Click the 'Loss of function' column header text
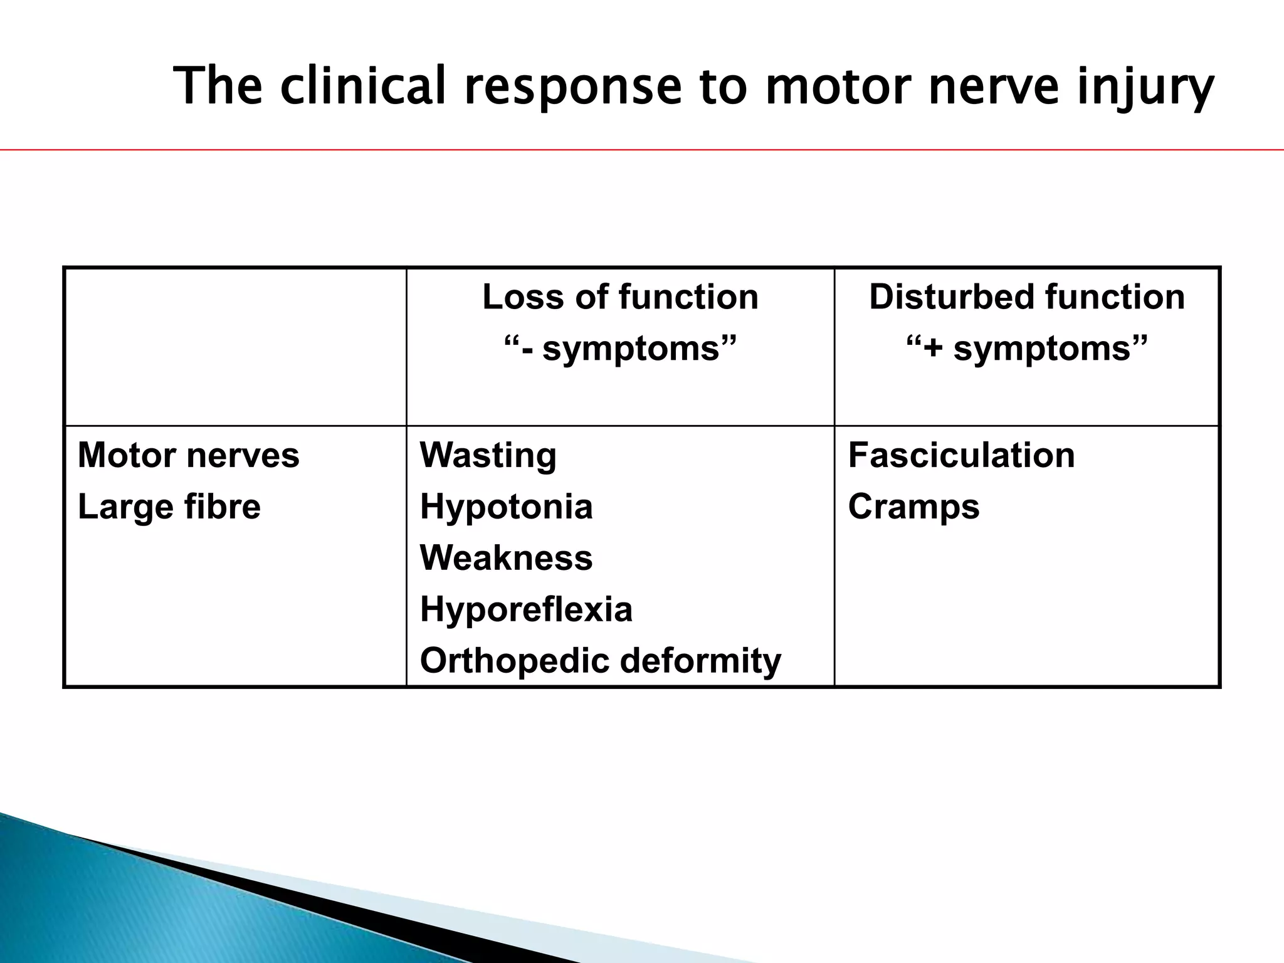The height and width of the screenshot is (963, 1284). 620,297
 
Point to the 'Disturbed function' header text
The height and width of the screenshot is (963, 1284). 1026,297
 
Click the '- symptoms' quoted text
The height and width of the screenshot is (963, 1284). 620,348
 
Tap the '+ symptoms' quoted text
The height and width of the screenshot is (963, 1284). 1027,348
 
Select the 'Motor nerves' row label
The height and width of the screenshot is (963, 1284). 188,455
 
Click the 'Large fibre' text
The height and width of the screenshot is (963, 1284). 169,507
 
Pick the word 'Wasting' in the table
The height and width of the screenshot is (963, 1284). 488,455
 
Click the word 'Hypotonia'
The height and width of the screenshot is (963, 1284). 506,507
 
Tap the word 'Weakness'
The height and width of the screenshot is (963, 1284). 506,557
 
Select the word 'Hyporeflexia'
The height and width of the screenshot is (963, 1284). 526,609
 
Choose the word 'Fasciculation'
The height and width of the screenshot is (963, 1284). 961,455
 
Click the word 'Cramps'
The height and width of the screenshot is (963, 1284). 913,507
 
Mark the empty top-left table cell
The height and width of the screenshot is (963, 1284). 235,347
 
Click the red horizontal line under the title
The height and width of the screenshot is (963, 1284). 642,150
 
